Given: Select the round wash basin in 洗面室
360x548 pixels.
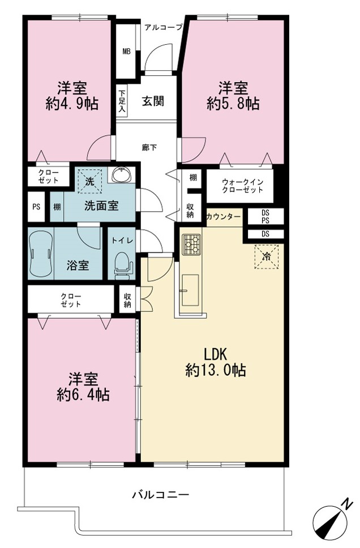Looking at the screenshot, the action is [121, 175].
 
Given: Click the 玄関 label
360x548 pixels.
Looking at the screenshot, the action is [153, 101].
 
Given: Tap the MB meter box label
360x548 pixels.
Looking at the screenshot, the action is [126, 52].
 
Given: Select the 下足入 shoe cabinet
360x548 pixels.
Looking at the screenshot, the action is [122, 102].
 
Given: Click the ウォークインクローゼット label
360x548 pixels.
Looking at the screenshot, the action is [243, 186].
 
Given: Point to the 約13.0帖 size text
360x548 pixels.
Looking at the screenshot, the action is [215, 370].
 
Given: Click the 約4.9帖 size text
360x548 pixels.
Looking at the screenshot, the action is [72, 104].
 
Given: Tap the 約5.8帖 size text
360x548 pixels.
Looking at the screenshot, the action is [233, 104].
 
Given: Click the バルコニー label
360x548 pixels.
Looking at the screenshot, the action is [161, 495].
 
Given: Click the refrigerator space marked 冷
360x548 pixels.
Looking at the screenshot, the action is [267, 257].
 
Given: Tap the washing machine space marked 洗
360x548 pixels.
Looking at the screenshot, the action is [90, 181].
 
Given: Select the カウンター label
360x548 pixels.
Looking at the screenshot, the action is [224, 217].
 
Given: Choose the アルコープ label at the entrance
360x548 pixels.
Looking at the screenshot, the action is [163, 27].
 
